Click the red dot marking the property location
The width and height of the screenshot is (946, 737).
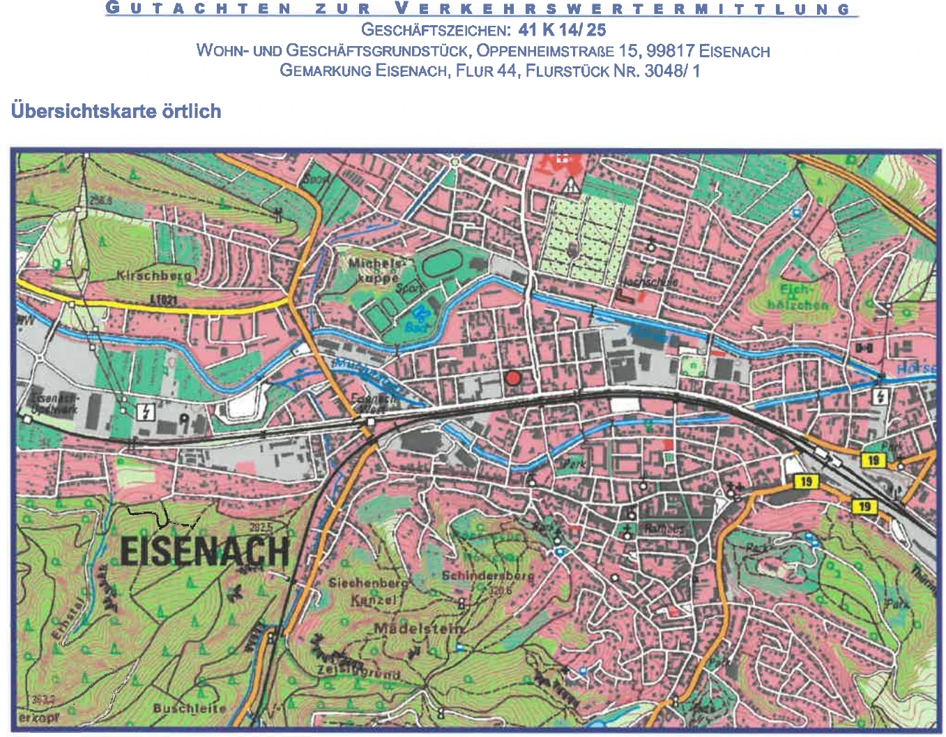point(513,378)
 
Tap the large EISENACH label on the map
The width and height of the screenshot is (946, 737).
point(204,551)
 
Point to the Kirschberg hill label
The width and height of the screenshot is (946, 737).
point(153,275)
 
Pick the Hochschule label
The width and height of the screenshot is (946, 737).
point(648,282)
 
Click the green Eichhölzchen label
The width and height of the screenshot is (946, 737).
point(797,297)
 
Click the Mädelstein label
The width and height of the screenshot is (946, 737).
point(418,628)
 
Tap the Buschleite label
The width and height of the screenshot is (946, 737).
point(190,708)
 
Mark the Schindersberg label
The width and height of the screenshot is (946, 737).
point(488,576)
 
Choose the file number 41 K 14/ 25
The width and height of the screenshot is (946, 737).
point(562,30)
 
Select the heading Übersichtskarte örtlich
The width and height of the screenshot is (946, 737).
point(116,111)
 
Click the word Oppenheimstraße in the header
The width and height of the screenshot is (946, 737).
point(545,51)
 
